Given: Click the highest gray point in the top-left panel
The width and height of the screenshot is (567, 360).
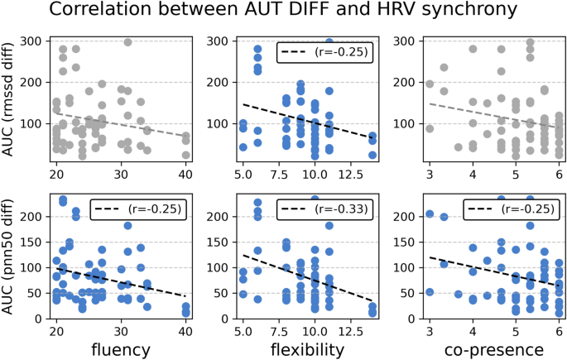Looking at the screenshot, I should pyautogui.click(x=128, y=42).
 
